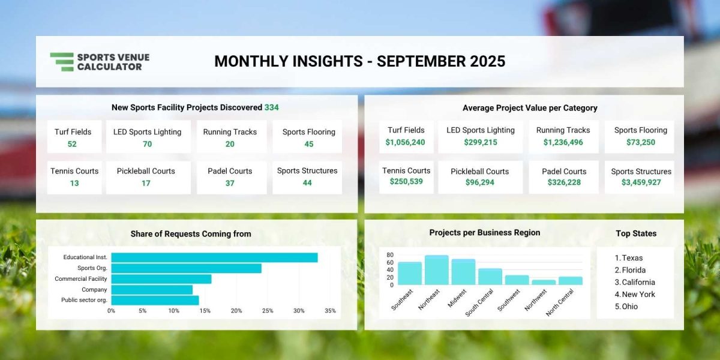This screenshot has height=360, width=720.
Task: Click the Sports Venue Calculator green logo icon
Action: [x=62, y=62]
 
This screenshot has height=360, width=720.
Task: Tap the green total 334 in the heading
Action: [x=272, y=107]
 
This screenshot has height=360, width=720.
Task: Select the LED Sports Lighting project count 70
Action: [x=147, y=144]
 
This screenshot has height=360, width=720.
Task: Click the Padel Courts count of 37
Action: [x=230, y=183]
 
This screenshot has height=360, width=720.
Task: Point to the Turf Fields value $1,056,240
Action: [x=406, y=142]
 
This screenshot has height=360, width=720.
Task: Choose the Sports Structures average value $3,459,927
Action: [x=641, y=182]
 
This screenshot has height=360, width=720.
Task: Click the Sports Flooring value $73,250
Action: [x=641, y=142]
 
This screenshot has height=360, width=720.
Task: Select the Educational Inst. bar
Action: [x=214, y=257]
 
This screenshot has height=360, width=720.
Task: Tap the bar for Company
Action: [x=152, y=290]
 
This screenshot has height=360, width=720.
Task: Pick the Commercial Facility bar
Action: [x=161, y=279]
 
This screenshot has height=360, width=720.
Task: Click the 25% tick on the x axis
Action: [x=268, y=311]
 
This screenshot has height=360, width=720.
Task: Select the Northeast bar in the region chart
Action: [x=437, y=270]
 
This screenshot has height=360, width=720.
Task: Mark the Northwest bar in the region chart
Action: [x=544, y=282]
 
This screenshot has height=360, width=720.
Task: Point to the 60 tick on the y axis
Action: [x=390, y=263]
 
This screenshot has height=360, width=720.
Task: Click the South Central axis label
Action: [x=479, y=303]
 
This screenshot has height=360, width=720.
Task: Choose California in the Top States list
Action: [x=638, y=282]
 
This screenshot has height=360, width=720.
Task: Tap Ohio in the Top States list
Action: [x=629, y=307]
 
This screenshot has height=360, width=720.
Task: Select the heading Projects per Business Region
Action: [x=485, y=233]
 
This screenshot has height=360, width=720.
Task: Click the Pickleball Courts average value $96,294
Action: [x=479, y=182]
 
